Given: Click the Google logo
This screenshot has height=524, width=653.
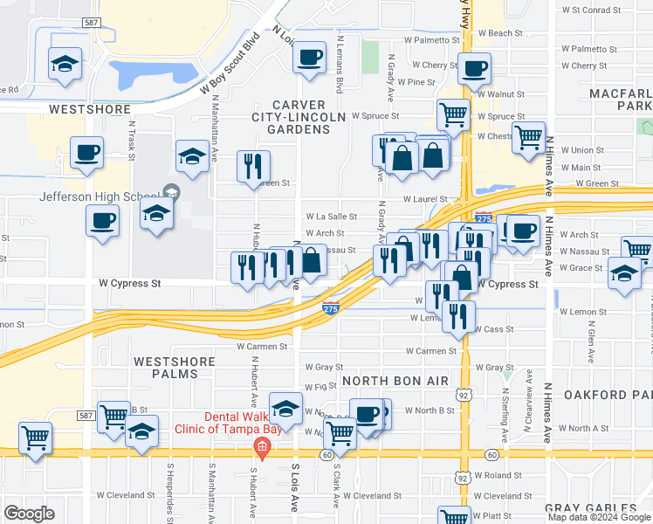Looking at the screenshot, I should (x=29, y=514).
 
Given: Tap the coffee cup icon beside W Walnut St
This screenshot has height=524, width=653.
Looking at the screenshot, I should (x=474, y=69).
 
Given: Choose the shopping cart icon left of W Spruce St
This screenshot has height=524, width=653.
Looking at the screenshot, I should (x=453, y=114).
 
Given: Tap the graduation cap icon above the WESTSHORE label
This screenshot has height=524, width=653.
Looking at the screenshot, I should (x=65, y=65).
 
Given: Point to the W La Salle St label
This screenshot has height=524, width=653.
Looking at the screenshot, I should (x=331, y=217).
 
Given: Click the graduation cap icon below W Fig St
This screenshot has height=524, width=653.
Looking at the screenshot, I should (x=285, y=408).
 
